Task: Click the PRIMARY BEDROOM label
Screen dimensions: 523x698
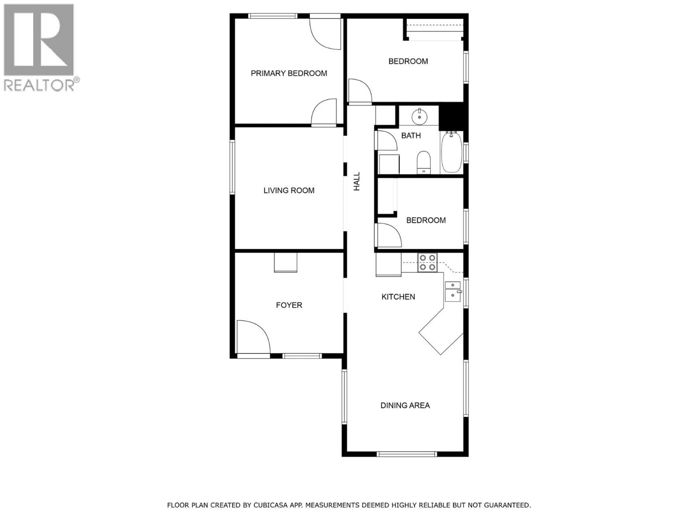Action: coord(289,73)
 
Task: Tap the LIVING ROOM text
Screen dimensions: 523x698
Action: coord(289,190)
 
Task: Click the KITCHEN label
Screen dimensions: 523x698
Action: coord(398,297)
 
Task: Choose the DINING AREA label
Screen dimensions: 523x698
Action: coord(405,405)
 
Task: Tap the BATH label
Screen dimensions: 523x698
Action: coord(411,135)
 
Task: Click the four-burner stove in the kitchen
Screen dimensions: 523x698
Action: coord(428,263)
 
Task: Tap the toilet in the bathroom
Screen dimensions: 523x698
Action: coord(424,162)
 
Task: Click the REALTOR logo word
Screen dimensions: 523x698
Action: coord(39,85)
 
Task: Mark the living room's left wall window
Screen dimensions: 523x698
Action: coord(232,167)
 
